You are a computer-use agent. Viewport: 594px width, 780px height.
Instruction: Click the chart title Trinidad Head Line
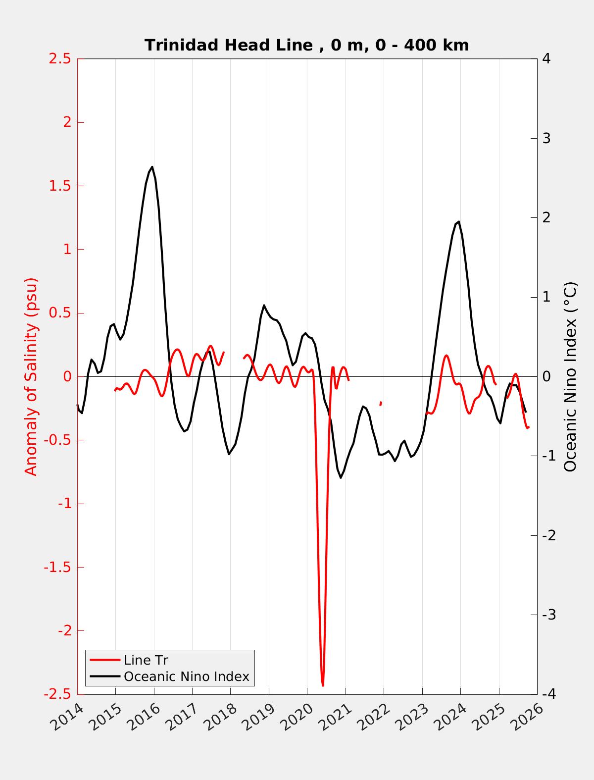306,46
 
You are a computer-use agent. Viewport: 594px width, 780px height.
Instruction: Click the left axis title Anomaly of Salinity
31,376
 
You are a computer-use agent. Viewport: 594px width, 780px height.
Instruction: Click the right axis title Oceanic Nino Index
570,376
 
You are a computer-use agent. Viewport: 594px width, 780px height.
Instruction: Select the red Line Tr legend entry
146,660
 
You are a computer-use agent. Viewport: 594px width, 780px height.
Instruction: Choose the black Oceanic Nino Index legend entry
186,676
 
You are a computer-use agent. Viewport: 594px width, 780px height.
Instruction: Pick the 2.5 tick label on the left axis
59,59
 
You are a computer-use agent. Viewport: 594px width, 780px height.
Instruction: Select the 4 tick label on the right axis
546,59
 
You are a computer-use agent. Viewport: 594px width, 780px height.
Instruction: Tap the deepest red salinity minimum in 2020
323,685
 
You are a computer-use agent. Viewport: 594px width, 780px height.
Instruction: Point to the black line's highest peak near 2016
152,167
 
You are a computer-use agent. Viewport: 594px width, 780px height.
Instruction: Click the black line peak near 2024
459,221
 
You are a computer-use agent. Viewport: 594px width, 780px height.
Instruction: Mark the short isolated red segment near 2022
380,404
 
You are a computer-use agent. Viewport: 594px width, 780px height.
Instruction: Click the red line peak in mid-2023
446,356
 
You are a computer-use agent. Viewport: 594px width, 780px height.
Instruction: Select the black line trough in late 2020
341,477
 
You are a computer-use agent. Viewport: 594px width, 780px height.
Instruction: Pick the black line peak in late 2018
264,305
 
